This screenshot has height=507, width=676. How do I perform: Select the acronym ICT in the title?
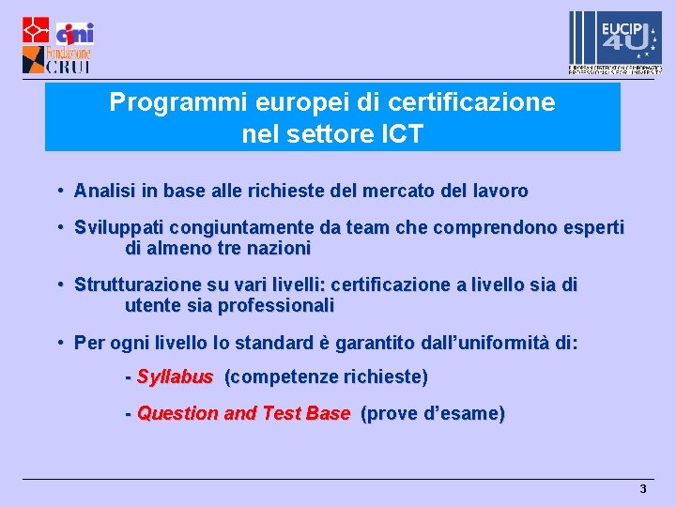point(402,134)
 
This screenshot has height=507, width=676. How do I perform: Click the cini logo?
point(74,33)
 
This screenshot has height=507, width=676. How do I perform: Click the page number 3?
point(643,489)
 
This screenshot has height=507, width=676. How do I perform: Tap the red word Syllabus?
point(175,377)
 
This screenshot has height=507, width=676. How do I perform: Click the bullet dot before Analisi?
point(59,191)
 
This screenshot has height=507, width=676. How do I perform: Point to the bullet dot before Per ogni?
point(59,342)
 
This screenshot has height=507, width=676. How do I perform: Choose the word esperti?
point(591,228)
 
